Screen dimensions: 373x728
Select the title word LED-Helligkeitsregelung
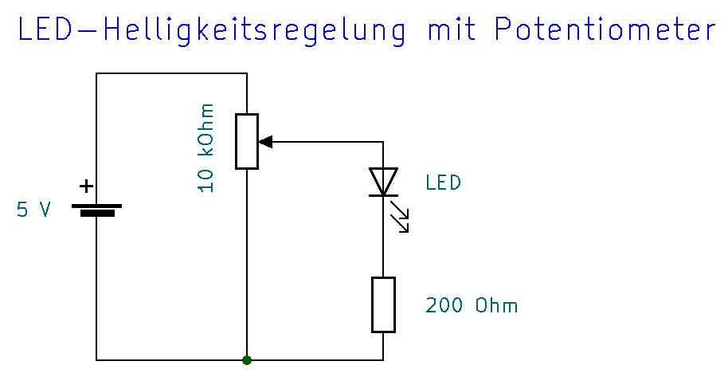pyautogui.click(x=211, y=32)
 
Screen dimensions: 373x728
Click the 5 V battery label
pyautogui.click(x=34, y=210)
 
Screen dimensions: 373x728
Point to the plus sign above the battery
pyautogui.click(x=85, y=187)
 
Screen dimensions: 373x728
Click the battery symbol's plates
pyautogui.click(x=96, y=210)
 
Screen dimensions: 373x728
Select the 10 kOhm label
pyautogui.click(x=206, y=147)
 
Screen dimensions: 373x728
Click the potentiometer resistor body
pyautogui.click(x=247, y=142)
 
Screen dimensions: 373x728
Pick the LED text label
pyautogui.click(x=443, y=183)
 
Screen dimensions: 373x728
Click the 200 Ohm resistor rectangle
pyautogui.click(x=383, y=304)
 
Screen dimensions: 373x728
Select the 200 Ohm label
pyautogui.click(x=472, y=306)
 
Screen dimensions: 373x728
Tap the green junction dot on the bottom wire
pyautogui.click(x=247, y=360)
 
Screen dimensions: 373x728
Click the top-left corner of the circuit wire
pyautogui.click(x=96, y=73)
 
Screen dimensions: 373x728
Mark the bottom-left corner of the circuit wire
pyautogui.click(x=96, y=360)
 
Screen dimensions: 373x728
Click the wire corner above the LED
pyautogui.click(x=383, y=142)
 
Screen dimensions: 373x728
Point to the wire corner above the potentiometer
pyautogui.click(x=247, y=73)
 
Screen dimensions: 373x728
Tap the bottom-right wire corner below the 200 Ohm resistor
pyautogui.click(x=383, y=360)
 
